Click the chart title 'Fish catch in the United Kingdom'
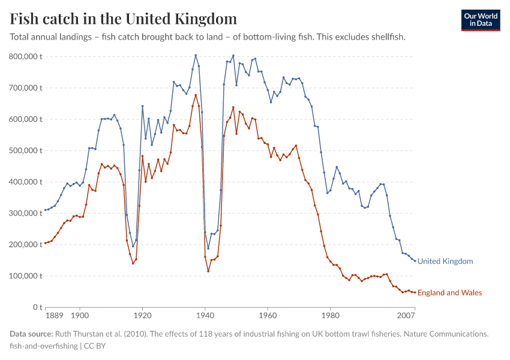pos(123,19)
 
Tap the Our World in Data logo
pos(481,20)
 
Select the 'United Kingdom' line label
pos(445,261)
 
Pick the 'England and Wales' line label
pos(449,293)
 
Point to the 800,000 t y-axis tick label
pos(25,56)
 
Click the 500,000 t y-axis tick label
pos(25,151)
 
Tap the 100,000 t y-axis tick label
pos(25,276)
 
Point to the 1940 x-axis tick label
pos(205,314)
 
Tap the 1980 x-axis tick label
pos(330,314)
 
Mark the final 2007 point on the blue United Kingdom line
pos(415,261)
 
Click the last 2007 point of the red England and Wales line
pos(415,292)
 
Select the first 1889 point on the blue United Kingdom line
pos(45,210)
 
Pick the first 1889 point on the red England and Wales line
pos(45,243)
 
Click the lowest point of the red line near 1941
pos(208,271)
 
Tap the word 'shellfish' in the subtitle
pos(386,37)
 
